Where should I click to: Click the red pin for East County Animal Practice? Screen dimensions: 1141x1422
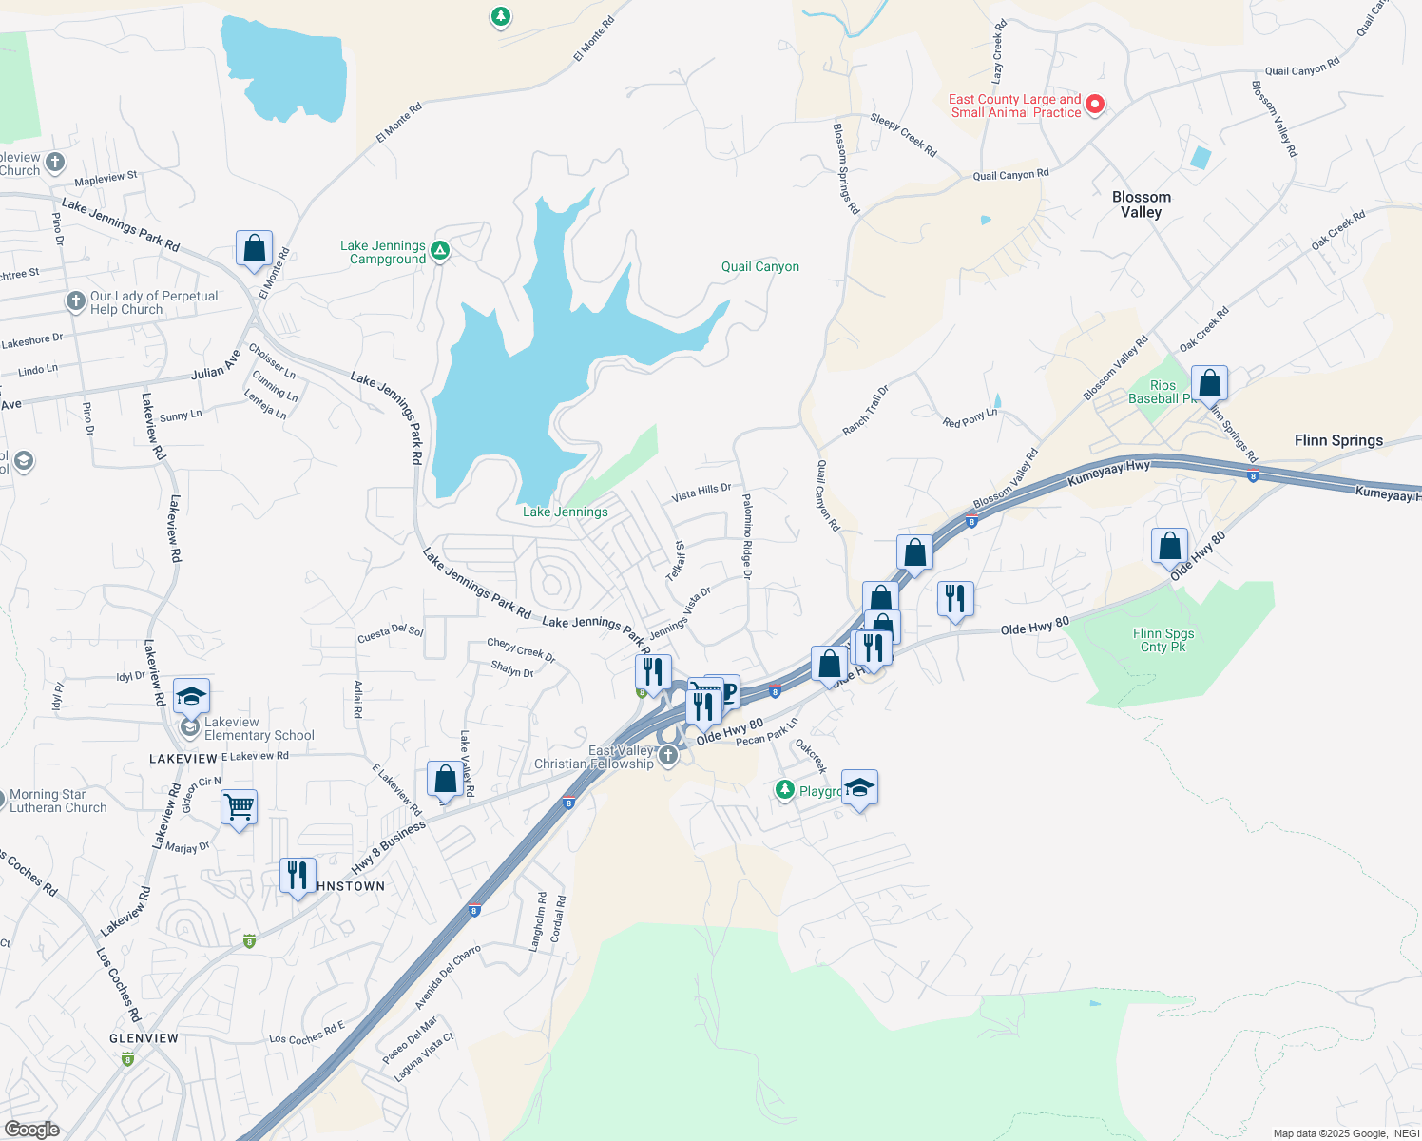1094,104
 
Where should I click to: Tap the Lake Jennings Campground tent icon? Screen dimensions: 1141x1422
439,251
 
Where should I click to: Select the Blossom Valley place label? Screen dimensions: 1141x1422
1141,204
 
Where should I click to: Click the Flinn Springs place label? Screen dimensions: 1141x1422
1338,440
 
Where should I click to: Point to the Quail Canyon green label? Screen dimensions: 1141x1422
759,267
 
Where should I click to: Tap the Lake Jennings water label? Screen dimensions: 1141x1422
565,512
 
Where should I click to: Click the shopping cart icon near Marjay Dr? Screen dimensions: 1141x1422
239,807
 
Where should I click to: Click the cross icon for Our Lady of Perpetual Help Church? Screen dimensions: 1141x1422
76,302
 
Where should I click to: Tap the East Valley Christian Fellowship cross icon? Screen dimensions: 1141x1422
668,755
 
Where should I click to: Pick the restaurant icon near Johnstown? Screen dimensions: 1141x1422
298,874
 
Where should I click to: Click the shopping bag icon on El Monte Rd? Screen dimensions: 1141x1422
254,249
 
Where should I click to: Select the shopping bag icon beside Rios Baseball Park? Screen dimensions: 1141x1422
1209,383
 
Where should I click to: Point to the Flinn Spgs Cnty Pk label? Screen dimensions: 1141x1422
1163,640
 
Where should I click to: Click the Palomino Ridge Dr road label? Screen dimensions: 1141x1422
747,536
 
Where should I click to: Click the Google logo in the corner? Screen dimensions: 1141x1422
31,1129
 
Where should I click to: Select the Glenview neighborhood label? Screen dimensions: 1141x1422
144,1038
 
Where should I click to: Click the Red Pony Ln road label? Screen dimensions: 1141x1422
970,417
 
